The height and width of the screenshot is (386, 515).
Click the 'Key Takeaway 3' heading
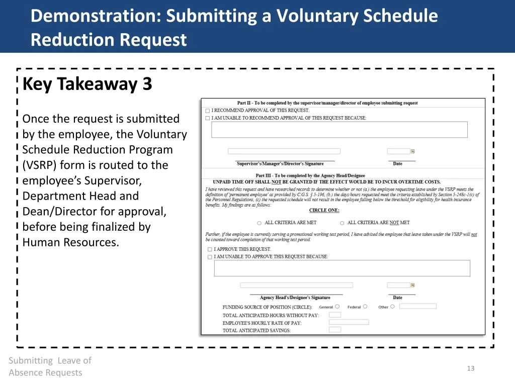click(x=87, y=84)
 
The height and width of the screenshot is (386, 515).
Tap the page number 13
click(x=470, y=368)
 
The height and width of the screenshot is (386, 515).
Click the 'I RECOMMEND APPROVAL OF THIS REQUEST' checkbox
click(x=208, y=111)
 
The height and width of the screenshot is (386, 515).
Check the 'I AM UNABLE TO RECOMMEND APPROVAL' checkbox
click(x=208, y=119)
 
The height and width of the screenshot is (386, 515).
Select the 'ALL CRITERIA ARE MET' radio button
click(x=260, y=223)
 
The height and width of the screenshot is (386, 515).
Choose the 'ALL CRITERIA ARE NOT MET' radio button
click(x=342, y=223)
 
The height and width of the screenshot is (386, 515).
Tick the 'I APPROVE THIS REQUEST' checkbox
click(x=210, y=249)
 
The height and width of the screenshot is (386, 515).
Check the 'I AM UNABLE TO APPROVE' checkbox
click(x=210, y=257)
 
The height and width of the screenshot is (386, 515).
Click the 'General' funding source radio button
click(x=337, y=307)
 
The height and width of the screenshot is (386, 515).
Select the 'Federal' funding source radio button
click(x=365, y=307)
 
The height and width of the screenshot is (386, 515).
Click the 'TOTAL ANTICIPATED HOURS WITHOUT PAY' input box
click(x=335, y=315)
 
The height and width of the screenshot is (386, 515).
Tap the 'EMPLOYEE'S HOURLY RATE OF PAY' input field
click(x=349, y=322)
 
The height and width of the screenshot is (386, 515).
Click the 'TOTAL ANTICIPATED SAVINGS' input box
click(x=335, y=330)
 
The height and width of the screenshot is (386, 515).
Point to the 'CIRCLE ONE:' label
click(x=324, y=211)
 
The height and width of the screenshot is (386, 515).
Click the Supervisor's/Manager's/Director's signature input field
click(x=284, y=151)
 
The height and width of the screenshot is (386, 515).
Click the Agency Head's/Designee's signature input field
click(x=296, y=285)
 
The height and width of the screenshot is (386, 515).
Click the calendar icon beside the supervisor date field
click(x=412, y=151)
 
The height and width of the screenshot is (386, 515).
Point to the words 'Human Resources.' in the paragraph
click(x=71, y=242)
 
